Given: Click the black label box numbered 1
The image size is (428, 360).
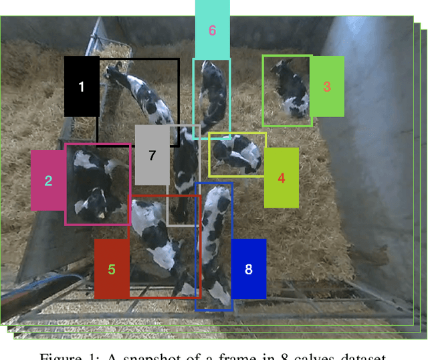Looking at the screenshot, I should click(82, 87).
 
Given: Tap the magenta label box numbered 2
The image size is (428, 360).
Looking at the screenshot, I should click(48, 180).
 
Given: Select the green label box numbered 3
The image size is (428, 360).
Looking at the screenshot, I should click(326, 86).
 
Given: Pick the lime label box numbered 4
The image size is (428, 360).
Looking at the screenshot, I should click(281, 178).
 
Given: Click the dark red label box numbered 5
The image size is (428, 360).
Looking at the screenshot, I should click(112, 269).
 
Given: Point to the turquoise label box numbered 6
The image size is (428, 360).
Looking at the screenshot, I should click(212, 29).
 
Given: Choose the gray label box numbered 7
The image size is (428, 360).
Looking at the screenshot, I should click(152, 155).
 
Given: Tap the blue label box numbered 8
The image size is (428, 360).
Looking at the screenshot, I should click(248, 269).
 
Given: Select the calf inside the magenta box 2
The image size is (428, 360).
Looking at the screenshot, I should click(95, 184).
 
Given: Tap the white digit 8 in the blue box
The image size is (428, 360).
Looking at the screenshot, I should click(248, 269).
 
